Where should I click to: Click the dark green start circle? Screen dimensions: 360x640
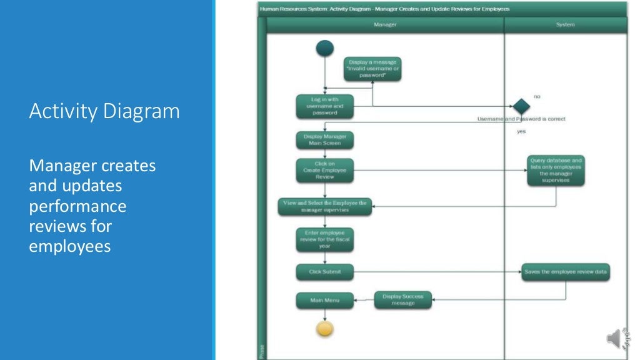click(325, 48)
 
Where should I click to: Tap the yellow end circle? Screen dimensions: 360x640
click(325, 329)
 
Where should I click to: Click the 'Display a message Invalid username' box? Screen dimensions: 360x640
click(372, 69)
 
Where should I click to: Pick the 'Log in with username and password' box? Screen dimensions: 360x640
click(324, 106)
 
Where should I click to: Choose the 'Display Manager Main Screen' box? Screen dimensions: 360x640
click(324, 140)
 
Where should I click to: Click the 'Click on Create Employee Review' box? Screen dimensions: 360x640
click(324, 170)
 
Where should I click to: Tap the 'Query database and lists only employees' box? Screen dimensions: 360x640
click(556, 171)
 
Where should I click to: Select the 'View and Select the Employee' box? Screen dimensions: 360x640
click(324, 206)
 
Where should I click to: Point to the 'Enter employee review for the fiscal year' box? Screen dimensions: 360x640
click(324, 239)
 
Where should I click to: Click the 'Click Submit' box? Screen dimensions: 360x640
click(324, 272)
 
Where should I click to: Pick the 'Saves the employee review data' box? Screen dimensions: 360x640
click(566, 272)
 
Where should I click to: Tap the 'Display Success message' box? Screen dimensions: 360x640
click(403, 300)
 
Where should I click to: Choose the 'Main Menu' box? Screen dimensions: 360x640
click(324, 300)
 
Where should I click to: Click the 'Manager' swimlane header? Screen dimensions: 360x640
click(385, 25)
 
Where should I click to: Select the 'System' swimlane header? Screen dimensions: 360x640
click(565, 25)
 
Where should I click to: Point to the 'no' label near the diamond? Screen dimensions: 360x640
click(537, 96)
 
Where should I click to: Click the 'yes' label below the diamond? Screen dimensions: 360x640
click(521, 131)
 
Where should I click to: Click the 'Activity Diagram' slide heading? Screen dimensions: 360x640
click(104, 111)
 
